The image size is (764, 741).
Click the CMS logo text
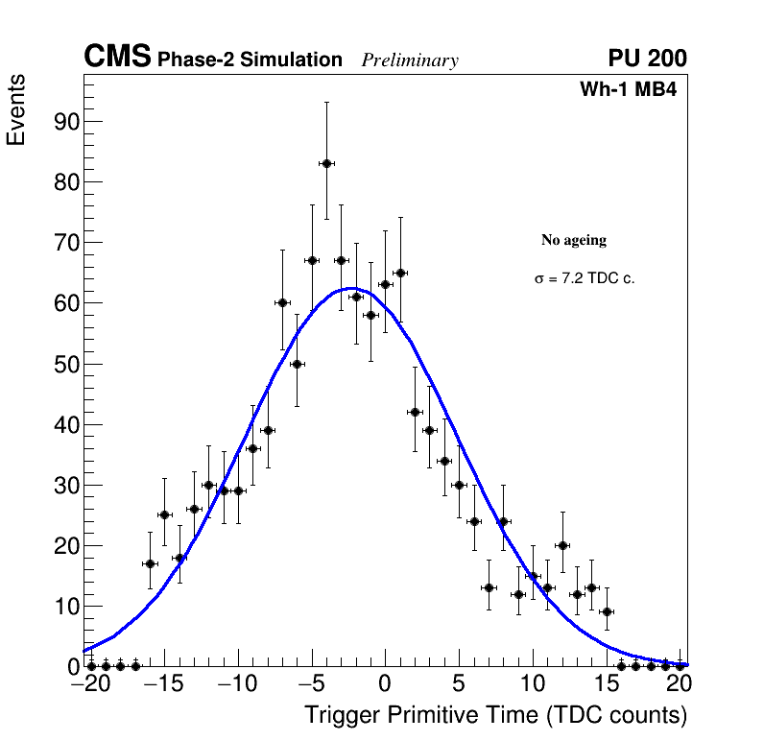tap(117, 58)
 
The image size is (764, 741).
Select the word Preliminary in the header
tap(410, 60)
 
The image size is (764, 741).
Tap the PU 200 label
tap(647, 59)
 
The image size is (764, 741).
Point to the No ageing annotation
tap(574, 240)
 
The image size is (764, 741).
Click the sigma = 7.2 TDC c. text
tap(585, 278)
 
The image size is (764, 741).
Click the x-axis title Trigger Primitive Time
tap(495, 715)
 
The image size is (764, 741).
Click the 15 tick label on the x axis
tap(607, 684)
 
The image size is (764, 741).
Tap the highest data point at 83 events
tap(326, 163)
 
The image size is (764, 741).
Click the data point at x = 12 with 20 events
tap(562, 545)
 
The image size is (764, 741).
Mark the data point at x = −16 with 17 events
tap(150, 563)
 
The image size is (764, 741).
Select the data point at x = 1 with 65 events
tap(400, 273)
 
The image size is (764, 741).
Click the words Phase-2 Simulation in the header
tap(250, 60)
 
